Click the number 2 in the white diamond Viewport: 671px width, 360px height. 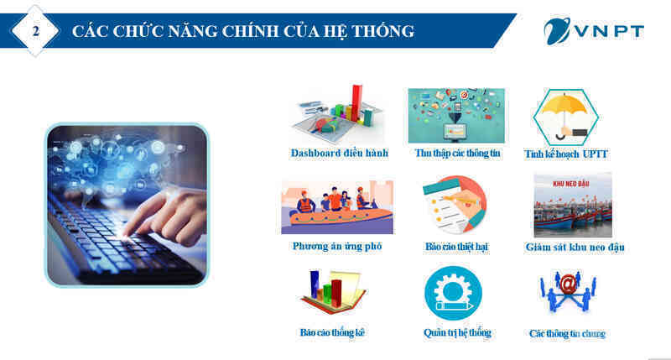pyautogui.click(x=36, y=31)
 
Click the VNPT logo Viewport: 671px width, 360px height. pyautogui.click(x=594, y=31)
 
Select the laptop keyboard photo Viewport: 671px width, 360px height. pyautogui.click(x=127, y=205)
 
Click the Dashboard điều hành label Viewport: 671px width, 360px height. pyautogui.click(x=340, y=153)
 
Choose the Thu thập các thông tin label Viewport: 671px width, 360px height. pyautogui.click(x=457, y=153)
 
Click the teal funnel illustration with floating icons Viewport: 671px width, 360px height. pyautogui.click(x=456, y=116)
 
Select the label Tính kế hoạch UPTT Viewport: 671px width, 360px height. pyautogui.click(x=565, y=154)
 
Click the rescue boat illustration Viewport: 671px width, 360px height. pyautogui.click(x=337, y=207)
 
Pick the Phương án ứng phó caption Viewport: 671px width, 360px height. pyautogui.click(x=337, y=246)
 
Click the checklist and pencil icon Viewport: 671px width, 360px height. pyautogui.click(x=455, y=205)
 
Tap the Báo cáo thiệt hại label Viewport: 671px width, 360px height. pyautogui.click(x=456, y=247)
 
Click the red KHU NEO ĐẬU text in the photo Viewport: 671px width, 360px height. pyautogui.click(x=571, y=184)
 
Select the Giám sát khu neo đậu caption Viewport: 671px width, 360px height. pyautogui.click(x=575, y=247)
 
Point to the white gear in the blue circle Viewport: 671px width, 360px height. pyautogui.click(x=453, y=292)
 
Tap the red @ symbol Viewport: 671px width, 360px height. pyautogui.click(x=568, y=284)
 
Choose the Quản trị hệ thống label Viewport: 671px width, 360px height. pyautogui.click(x=457, y=332)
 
